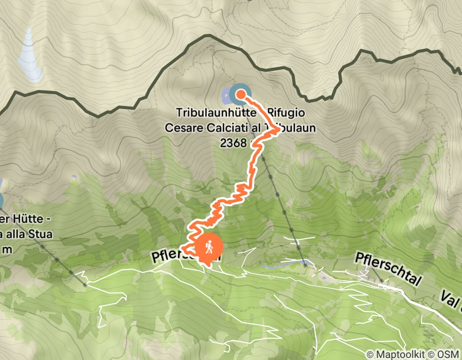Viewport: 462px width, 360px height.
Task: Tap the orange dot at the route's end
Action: [240, 94]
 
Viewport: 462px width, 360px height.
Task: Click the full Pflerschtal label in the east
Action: [389, 267]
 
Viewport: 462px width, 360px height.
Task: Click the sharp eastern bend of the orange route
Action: [278, 130]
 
